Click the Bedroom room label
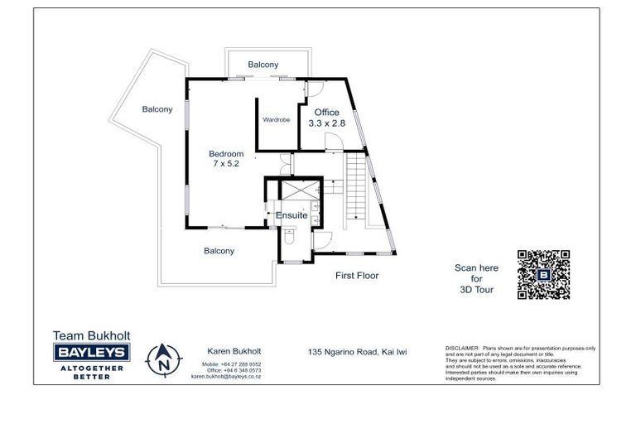[x=226, y=153]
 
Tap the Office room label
[x=326, y=113]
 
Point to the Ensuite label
[x=291, y=215]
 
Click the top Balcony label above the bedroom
[x=263, y=65]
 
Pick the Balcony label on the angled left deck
[x=157, y=108]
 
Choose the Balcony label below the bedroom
[x=219, y=251]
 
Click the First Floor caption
[x=356, y=275]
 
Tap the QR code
[x=543, y=274]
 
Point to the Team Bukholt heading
[x=91, y=335]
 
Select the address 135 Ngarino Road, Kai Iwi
[x=357, y=352]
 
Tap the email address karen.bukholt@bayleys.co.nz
[x=226, y=376]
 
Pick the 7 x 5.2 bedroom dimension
[x=226, y=165]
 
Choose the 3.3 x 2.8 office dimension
[x=326, y=123]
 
